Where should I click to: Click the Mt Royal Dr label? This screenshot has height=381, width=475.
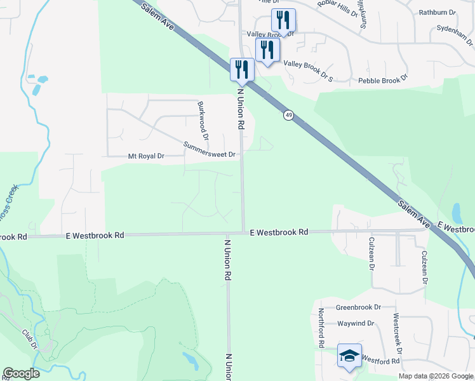coord(146,156)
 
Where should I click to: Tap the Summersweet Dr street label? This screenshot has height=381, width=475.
coord(210,150)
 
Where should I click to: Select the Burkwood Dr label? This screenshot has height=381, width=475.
coord(203,120)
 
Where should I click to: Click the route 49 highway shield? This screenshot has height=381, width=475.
coord(289,115)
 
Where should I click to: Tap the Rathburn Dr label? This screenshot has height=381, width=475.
coord(438,12)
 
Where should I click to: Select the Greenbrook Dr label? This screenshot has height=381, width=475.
coord(358,307)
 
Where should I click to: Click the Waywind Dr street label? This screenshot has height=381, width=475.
coord(355,323)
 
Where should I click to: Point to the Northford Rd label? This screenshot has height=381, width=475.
coord(322,328)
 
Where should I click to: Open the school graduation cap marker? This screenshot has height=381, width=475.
coord(349,356)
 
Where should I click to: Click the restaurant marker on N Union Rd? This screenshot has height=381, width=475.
coord(242,70)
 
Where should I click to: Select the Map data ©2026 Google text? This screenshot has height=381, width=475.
coord(436,376)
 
